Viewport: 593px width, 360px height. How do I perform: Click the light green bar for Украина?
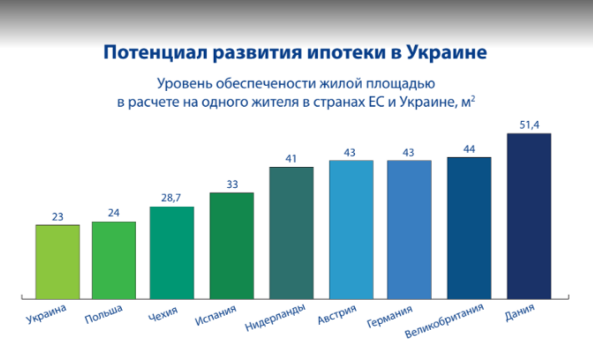coord(58,261)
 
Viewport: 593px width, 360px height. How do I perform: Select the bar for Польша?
coord(114,260)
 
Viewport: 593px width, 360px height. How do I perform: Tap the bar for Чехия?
coord(172,252)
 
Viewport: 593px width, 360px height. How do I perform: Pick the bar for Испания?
coord(231,246)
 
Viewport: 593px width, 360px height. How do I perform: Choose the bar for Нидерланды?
coord(291,233)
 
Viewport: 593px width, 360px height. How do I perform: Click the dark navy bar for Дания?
coord(529,216)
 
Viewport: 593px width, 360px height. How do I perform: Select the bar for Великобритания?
coord(469,228)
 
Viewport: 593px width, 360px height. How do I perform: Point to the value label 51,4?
coord(529,124)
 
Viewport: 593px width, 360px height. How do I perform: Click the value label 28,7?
coord(171,198)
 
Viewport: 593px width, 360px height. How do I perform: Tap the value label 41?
coord(291,159)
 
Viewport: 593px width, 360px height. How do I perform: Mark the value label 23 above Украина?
coord(58,216)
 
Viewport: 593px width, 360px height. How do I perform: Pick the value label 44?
coord(469,149)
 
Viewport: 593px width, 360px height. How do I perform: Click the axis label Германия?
coord(389,317)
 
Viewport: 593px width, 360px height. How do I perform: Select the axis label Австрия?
coord(337,315)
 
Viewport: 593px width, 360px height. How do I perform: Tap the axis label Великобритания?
coord(444,321)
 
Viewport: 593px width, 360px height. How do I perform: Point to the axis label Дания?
coord(520,312)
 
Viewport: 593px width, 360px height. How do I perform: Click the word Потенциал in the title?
coord(156,53)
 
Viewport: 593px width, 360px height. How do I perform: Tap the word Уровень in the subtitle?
coord(185,84)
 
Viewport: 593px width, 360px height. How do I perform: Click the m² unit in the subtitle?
coord(469,102)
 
